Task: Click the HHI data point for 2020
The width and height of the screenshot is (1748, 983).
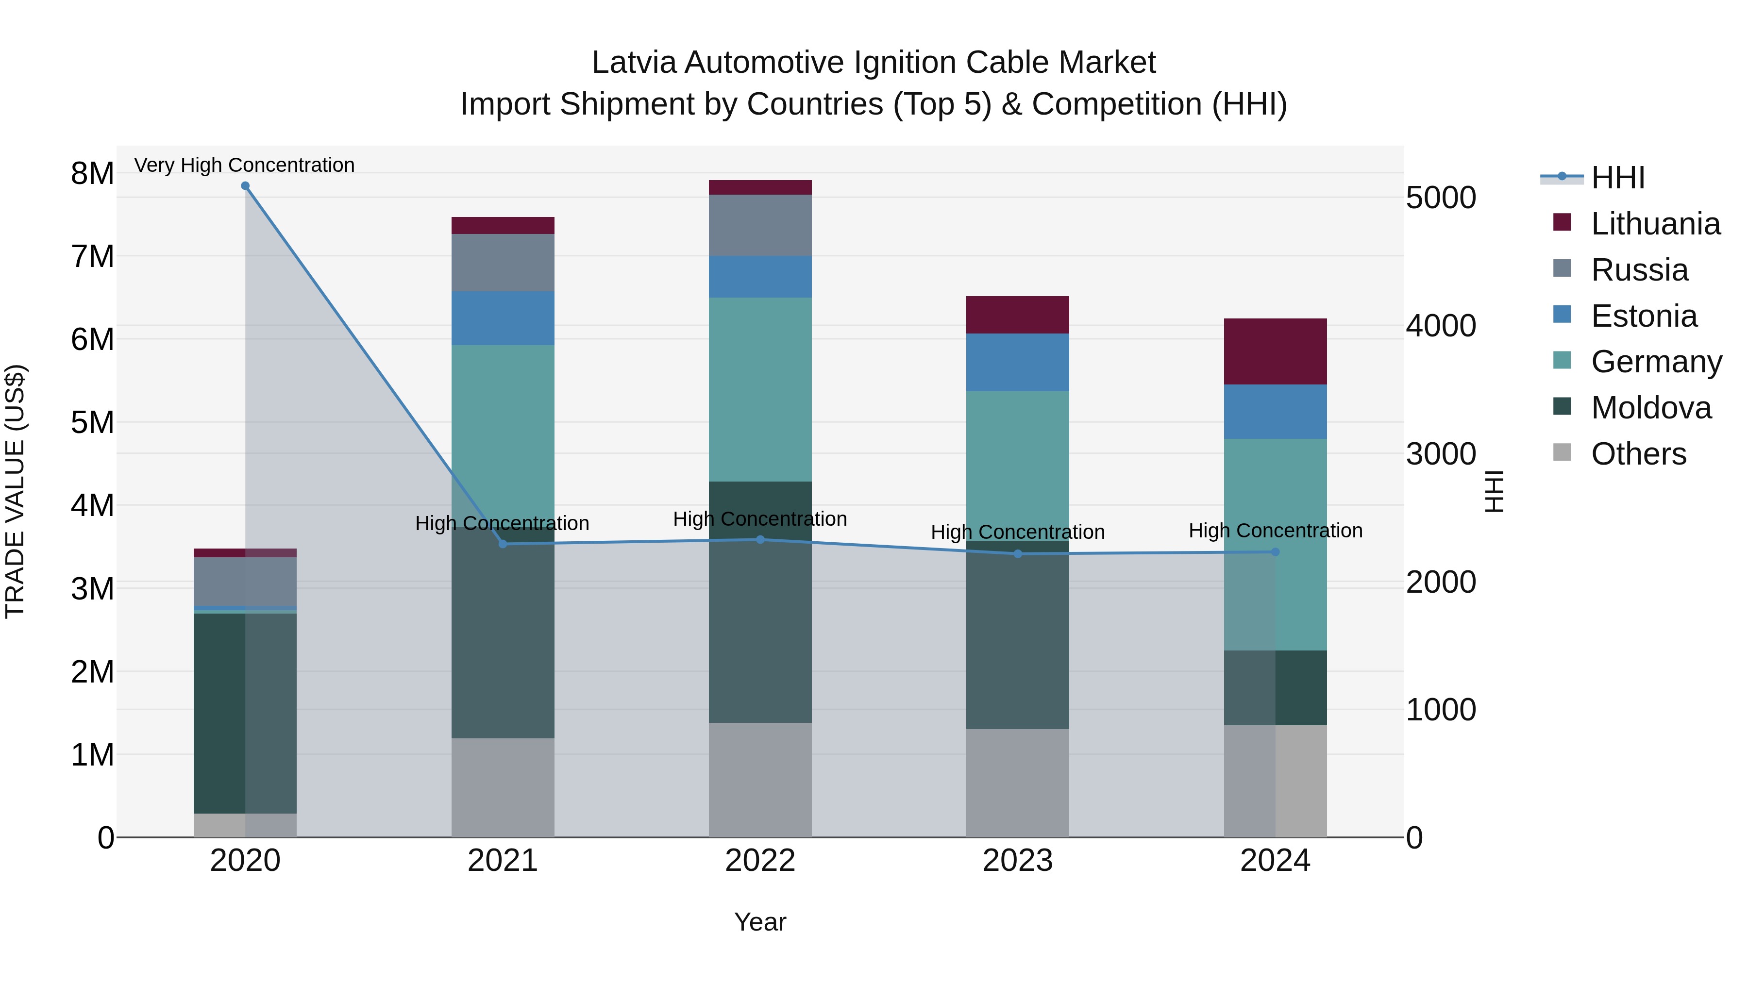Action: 245,186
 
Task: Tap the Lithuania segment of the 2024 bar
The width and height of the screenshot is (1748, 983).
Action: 1275,351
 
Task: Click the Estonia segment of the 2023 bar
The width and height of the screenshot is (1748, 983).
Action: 1017,362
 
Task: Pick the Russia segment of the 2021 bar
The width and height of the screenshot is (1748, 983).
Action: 503,263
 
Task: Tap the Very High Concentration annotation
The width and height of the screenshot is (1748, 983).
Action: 244,165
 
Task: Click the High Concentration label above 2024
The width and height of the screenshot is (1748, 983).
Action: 1275,531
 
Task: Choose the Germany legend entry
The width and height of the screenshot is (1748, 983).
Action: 1656,362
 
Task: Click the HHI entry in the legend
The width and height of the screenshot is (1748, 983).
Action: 1618,178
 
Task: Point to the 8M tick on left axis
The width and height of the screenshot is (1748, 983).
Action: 92,174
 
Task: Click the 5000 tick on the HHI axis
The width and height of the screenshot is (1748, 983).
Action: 1441,198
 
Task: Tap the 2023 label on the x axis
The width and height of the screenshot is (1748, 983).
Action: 1017,861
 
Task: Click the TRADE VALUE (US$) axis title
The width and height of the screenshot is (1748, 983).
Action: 15,491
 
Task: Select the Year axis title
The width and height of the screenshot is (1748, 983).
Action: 760,922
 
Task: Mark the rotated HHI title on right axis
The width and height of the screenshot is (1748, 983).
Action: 1494,491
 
